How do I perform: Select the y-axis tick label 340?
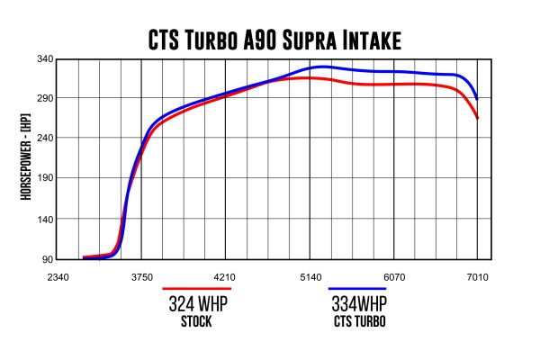pyautogui.click(x=44, y=58)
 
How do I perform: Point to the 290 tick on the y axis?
pyautogui.click(x=44, y=98)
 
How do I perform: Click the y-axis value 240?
pyautogui.click(x=44, y=138)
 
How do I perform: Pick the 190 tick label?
pyautogui.click(x=44, y=178)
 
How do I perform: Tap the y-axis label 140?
pyautogui.click(x=44, y=219)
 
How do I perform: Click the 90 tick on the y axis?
pyautogui.click(x=47, y=259)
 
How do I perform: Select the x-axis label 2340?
pyautogui.click(x=58, y=278)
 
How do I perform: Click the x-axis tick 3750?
pyautogui.click(x=142, y=278)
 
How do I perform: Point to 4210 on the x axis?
pyautogui.click(x=226, y=278)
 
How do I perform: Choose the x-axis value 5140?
pyautogui.click(x=310, y=278)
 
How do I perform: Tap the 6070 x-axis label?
pyautogui.click(x=393, y=278)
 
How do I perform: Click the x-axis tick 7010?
pyautogui.click(x=477, y=278)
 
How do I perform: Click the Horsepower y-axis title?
pyautogui.click(x=27, y=160)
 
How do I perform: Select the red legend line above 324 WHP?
pyautogui.click(x=196, y=290)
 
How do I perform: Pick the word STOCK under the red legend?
pyautogui.click(x=196, y=322)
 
